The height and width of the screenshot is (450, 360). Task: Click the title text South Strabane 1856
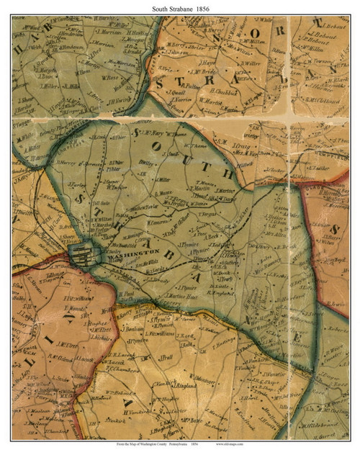tap(179, 7)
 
